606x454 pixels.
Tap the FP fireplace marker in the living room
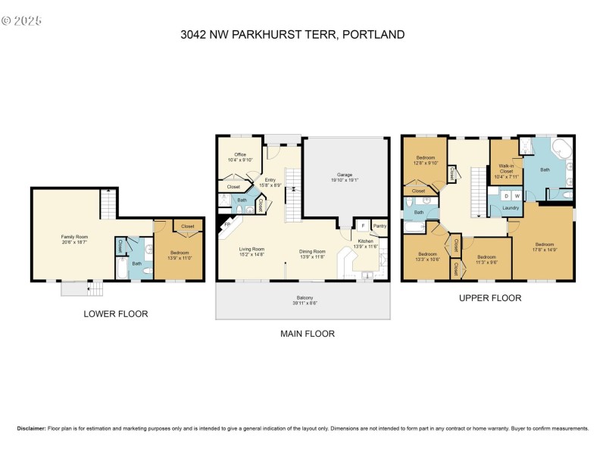tap(225, 225)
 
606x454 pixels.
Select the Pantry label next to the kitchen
tap(379, 225)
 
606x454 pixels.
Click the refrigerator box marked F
tap(363, 225)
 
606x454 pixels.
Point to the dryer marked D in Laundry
tap(506, 196)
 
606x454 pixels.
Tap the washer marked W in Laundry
tap(517, 196)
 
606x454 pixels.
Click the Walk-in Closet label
tap(506, 168)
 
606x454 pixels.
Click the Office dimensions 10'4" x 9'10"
tap(239, 160)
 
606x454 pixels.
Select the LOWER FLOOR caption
tap(115, 313)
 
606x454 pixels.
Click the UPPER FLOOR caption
tap(490, 298)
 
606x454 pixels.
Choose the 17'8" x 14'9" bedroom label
tap(544, 247)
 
